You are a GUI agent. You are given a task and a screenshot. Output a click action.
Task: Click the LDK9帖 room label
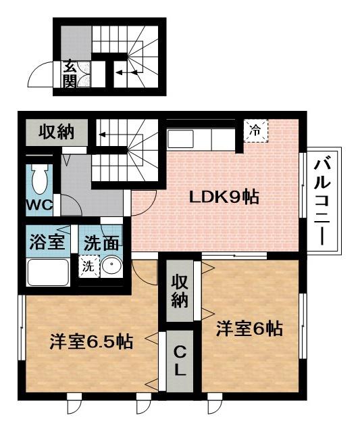point(224,197)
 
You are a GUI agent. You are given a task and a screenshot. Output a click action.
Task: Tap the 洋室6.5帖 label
point(90,341)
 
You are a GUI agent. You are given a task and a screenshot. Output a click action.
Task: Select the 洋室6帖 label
point(249,329)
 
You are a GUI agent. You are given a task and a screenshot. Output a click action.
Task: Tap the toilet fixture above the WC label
point(41,177)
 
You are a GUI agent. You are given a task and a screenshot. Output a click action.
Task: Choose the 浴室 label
point(47,241)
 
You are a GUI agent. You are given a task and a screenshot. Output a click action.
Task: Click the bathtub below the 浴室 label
point(47,272)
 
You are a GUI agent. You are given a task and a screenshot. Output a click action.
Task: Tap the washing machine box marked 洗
point(88,266)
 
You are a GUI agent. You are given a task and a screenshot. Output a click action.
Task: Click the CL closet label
point(180,361)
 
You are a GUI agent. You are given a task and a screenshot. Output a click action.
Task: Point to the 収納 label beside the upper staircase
point(55,131)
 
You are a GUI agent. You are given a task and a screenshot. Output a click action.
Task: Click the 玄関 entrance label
point(70,74)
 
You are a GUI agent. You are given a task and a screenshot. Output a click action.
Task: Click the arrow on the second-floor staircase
point(105,134)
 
